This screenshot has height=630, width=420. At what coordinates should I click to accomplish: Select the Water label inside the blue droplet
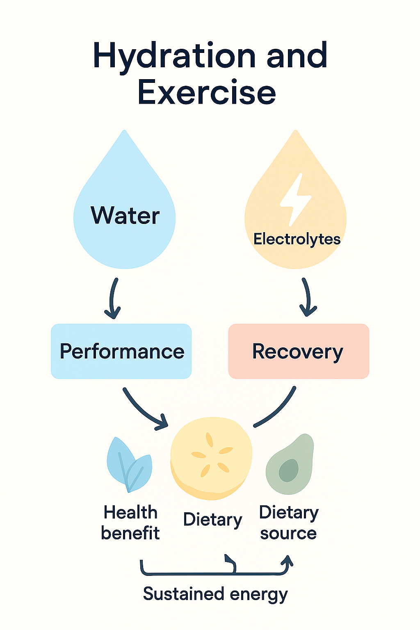tap(125, 215)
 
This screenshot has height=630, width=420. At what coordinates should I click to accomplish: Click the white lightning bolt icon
tap(295, 199)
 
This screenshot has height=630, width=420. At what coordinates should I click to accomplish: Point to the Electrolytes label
tap(297, 239)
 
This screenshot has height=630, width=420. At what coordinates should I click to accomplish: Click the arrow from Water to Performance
tap(113, 298)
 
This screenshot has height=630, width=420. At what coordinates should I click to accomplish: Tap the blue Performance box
tap(121, 351)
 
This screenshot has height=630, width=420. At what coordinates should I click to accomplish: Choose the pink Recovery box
tap(299, 351)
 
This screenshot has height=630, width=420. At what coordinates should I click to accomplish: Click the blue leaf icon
tap(128, 465)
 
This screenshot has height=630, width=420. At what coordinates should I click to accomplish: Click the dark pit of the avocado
tap(289, 470)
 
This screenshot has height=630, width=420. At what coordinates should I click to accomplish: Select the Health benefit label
tap(130, 523)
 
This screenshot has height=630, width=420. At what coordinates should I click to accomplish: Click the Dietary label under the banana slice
tap(212, 520)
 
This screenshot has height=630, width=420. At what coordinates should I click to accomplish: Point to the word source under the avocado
tap(288, 533)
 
